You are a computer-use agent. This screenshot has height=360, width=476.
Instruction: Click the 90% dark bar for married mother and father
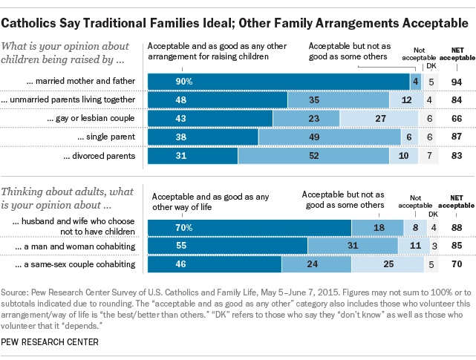coord(278,80)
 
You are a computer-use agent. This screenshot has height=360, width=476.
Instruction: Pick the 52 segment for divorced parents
coord(313,157)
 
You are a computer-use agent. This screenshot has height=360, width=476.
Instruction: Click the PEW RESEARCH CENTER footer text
coord(56,342)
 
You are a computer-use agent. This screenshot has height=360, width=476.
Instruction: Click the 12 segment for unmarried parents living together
coord(405,99)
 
